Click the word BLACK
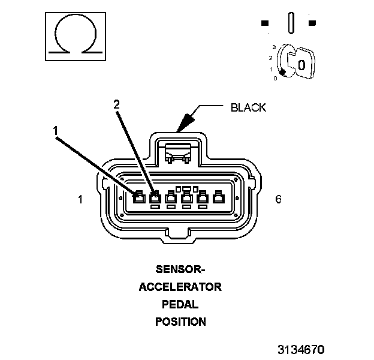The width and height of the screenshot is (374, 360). [x=248, y=108]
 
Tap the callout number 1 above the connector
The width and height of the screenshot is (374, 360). [x=55, y=130]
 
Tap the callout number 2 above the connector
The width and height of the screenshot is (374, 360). [x=117, y=104]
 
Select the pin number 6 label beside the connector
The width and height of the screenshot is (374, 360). [x=278, y=199]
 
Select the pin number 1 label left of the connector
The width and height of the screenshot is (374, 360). [x=80, y=199]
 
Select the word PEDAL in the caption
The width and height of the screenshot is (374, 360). [x=180, y=304]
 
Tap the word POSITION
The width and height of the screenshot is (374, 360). [x=180, y=322]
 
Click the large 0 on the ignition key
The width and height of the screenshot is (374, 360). [x=301, y=64]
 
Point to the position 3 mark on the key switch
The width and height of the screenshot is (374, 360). [x=273, y=46]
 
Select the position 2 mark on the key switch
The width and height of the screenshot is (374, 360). [x=271, y=58]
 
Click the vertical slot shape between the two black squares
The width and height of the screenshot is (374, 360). [x=291, y=23]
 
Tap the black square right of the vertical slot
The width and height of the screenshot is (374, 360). [x=312, y=23]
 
